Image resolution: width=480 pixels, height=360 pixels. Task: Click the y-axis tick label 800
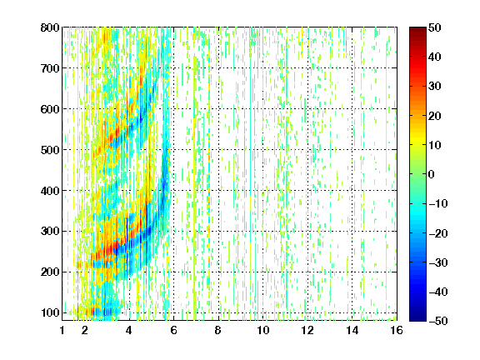[50, 27]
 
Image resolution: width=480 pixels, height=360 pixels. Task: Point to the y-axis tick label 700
[50, 68]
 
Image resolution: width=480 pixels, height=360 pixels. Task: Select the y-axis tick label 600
[50, 109]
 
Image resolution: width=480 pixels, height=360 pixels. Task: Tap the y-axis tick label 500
[50, 150]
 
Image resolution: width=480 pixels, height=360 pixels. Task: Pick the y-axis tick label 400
[50, 191]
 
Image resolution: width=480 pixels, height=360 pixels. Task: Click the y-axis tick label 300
[50, 232]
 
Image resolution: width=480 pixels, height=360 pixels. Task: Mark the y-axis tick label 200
[50, 272]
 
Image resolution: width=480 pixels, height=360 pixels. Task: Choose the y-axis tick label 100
[50, 312]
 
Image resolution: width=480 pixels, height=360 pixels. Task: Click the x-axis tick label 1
[62, 330]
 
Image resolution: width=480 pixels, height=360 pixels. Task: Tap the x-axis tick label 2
[85, 330]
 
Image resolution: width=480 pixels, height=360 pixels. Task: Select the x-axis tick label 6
[173, 330]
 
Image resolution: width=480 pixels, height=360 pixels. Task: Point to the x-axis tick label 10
[263, 330]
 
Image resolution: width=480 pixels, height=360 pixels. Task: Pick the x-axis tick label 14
[352, 330]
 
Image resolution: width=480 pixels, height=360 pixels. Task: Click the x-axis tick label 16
[397, 330]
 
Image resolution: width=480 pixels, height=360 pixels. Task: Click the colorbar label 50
[435, 27]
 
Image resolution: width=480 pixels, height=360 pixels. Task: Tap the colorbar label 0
[432, 174]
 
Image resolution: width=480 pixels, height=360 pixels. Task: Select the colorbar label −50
[438, 321]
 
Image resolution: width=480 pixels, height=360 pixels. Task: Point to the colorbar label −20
[438, 233]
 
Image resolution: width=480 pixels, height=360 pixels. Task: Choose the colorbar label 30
[435, 87]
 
